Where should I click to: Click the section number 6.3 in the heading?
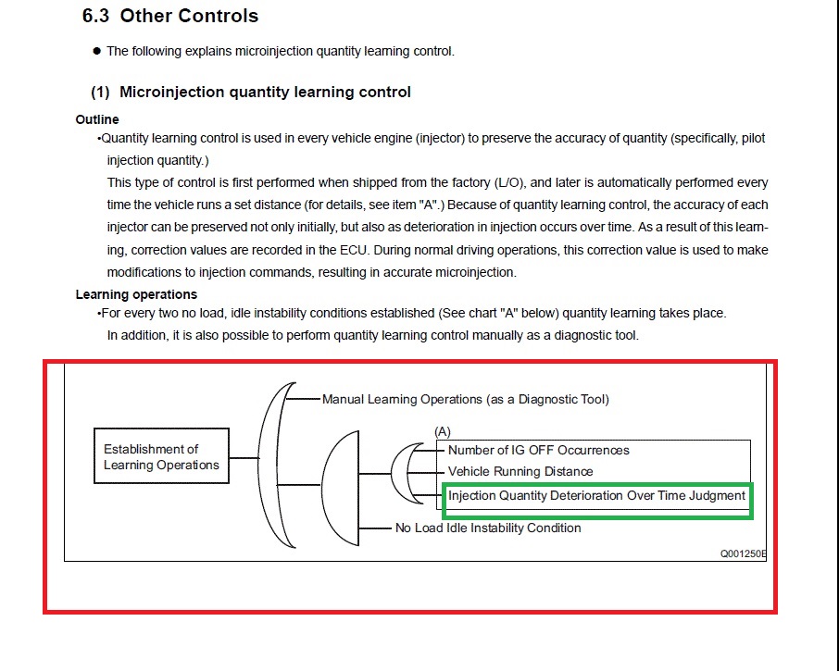coord(97,16)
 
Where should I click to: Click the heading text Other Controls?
coord(189,16)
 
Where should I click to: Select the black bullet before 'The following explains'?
coord(96,51)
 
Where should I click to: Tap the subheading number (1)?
coord(100,92)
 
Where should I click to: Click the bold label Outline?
coord(97,119)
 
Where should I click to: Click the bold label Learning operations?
coord(136,294)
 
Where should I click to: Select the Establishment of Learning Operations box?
coord(161,456)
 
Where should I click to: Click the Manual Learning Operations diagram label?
coord(465,399)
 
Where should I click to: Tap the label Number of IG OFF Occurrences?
coord(538,450)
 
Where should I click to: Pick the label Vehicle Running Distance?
coord(520,471)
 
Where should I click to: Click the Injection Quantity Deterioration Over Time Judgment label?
coord(596,495)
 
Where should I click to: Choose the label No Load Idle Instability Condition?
coord(488,528)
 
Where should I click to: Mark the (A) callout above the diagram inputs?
coord(443,431)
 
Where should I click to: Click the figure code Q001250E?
coord(743,553)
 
